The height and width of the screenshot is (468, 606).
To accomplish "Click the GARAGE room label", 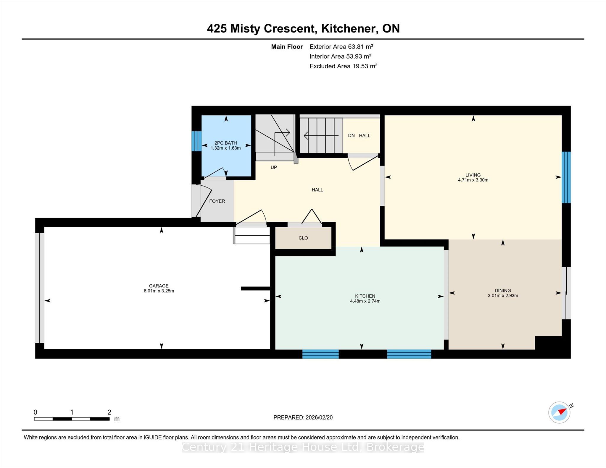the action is (159, 286).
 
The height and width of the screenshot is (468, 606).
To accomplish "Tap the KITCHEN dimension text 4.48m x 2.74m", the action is (365, 301).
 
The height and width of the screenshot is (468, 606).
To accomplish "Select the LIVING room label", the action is (473, 175).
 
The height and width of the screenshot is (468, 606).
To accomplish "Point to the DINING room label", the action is (503, 291).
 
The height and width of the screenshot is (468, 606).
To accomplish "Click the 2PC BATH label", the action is (225, 143).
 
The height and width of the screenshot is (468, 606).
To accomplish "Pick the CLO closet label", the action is (303, 238).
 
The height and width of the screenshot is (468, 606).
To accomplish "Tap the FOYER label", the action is (217, 201).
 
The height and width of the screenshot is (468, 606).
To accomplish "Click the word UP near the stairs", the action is (274, 168).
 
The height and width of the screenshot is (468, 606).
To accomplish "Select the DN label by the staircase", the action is (351, 136).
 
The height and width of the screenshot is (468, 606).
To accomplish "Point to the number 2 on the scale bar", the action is (109, 412).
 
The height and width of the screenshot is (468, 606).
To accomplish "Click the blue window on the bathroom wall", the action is (196, 141).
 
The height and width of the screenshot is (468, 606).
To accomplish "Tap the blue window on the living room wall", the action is (566, 177).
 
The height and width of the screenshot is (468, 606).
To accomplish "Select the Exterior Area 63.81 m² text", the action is (341, 47).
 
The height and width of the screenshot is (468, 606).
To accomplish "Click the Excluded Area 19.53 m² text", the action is (343, 66).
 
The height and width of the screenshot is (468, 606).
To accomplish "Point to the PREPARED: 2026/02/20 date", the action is (303, 417).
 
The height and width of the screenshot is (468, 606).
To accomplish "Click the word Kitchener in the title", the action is (349, 28).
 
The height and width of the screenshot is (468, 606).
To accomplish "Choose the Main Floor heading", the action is (287, 47).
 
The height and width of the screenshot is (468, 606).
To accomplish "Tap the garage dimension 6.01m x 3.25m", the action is (159, 291).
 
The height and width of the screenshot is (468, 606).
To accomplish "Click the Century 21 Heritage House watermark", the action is (303, 447).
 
